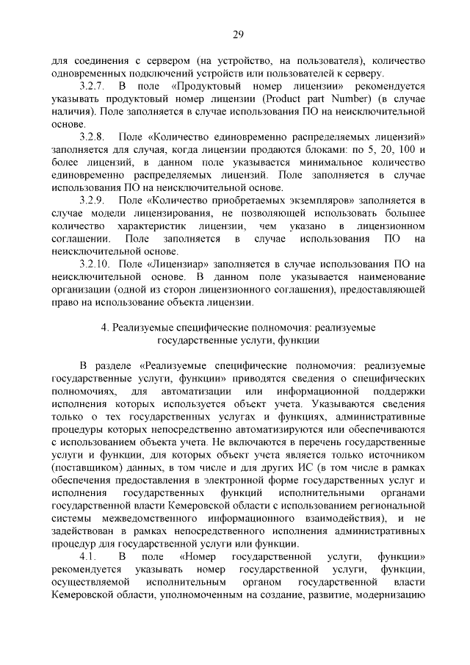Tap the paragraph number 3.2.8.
[x=93, y=137]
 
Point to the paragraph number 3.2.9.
[x=93, y=200]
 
